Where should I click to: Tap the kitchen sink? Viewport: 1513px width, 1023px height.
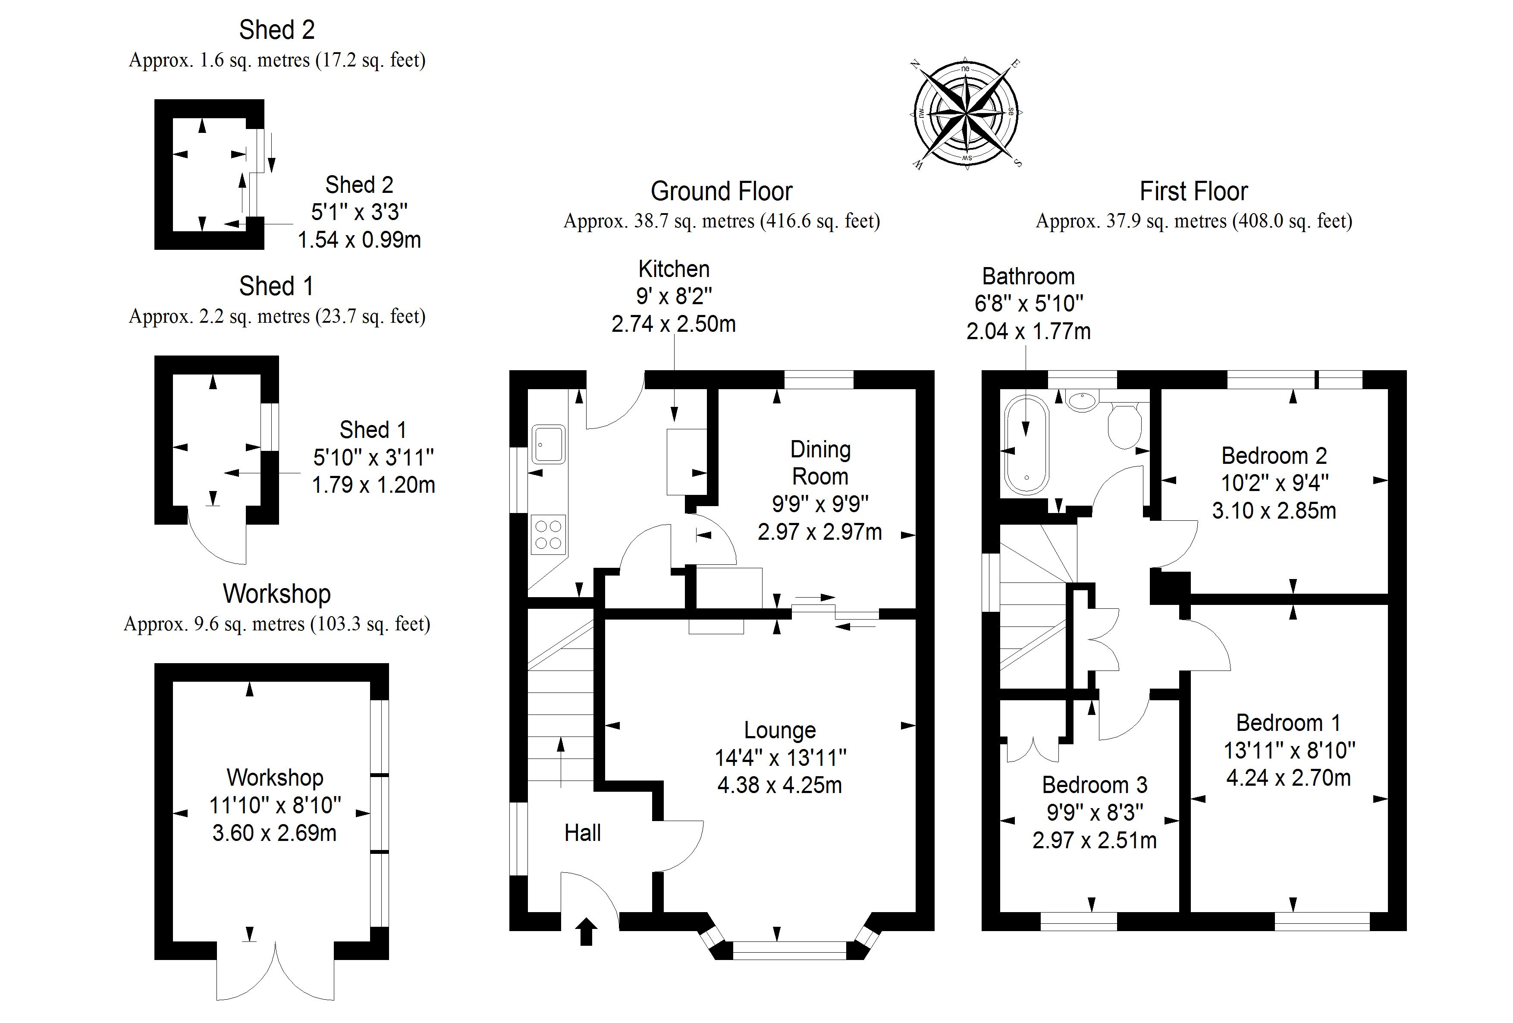[x=548, y=444]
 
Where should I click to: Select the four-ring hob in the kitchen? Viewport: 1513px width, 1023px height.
[x=548, y=534]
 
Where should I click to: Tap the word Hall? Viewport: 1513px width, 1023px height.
[x=582, y=832]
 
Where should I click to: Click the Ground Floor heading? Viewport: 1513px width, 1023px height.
[x=721, y=192]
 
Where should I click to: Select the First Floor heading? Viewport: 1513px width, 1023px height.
[x=1193, y=192]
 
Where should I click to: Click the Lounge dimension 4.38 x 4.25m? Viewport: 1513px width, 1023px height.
[x=779, y=785]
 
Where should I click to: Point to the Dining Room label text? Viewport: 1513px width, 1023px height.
[x=820, y=463]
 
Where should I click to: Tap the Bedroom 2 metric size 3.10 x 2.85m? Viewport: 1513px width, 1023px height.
[x=1274, y=510]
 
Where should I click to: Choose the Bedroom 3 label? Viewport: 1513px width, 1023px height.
[x=1094, y=785]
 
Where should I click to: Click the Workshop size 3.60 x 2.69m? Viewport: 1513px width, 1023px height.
[x=274, y=833]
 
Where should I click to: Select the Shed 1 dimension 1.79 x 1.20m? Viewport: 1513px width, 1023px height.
[x=373, y=485]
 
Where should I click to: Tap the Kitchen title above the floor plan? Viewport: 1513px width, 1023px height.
[x=674, y=269]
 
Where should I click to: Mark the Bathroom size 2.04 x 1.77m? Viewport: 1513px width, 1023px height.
[x=1028, y=331]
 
